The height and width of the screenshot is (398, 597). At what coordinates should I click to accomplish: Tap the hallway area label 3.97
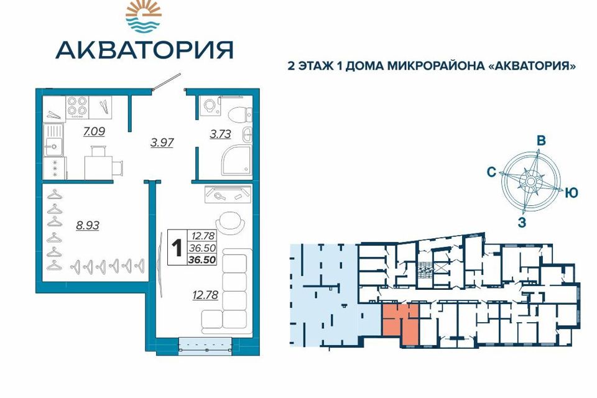pyautogui.click(x=162, y=142)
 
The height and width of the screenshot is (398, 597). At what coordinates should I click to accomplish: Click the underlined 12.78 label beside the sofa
pyautogui.click(x=206, y=296)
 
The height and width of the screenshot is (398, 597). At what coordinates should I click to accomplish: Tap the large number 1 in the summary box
pyautogui.click(x=177, y=247)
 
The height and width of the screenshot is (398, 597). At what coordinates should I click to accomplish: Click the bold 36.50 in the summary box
pyautogui.click(x=205, y=260)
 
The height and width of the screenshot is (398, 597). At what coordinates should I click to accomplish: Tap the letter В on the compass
pyautogui.click(x=541, y=141)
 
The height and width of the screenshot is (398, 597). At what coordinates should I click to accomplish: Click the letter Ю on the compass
pyautogui.click(x=572, y=193)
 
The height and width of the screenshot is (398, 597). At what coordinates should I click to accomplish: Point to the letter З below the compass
pyautogui.click(x=522, y=224)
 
